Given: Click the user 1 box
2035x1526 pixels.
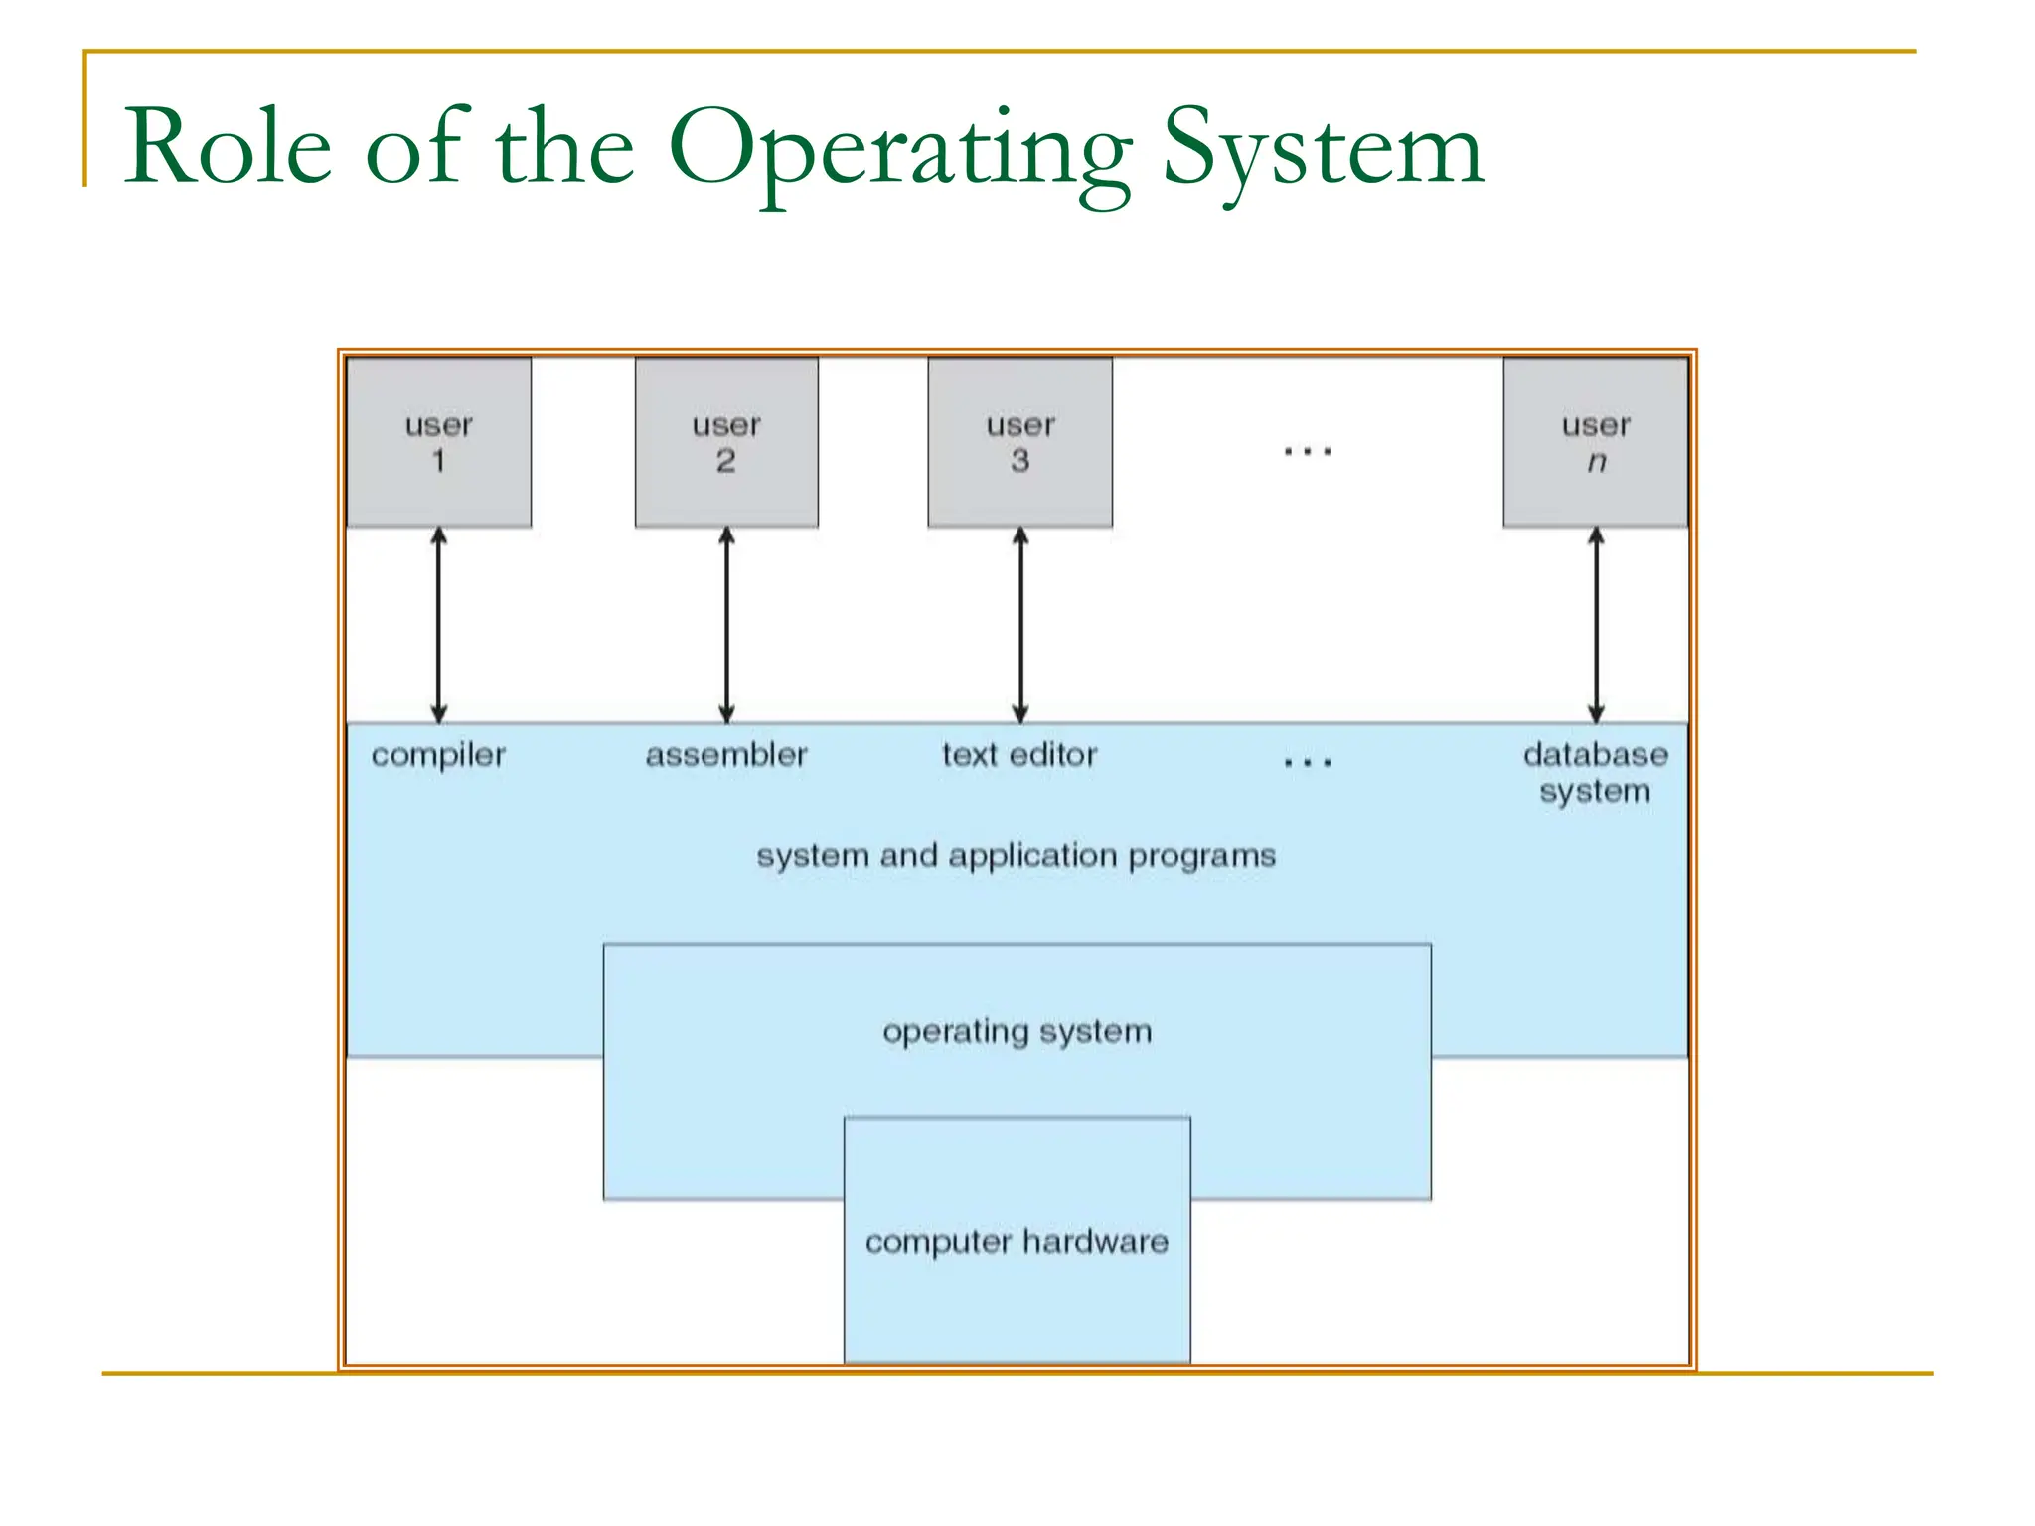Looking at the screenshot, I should pos(438,442).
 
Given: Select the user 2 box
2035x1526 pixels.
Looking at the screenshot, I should pos(726,442).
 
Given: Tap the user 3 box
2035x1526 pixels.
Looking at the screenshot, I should pos(1020,442).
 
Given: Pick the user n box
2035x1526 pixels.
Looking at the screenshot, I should pos(1596,442).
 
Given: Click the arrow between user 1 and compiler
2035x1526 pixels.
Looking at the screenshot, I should pos(438,625).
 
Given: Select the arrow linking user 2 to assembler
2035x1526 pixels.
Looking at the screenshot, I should pos(726,625).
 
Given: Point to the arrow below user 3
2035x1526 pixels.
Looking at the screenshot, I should pos(1020,625).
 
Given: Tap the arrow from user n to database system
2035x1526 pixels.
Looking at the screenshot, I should pos(1596,625).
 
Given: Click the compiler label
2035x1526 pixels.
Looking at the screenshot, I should pos(438,755).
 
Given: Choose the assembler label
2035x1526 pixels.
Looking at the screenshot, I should pos(726,755).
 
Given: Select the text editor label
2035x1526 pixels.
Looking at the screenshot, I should pos(1019,755).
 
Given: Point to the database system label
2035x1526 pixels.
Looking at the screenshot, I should pos(1595,773).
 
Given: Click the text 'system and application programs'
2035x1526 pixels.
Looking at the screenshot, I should pos(1016,856).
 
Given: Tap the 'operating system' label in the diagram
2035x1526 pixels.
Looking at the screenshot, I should pos(1017,1032).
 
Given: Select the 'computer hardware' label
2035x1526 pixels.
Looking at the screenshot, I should pos(1017,1242).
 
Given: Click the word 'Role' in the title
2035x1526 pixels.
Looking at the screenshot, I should pos(228,148).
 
